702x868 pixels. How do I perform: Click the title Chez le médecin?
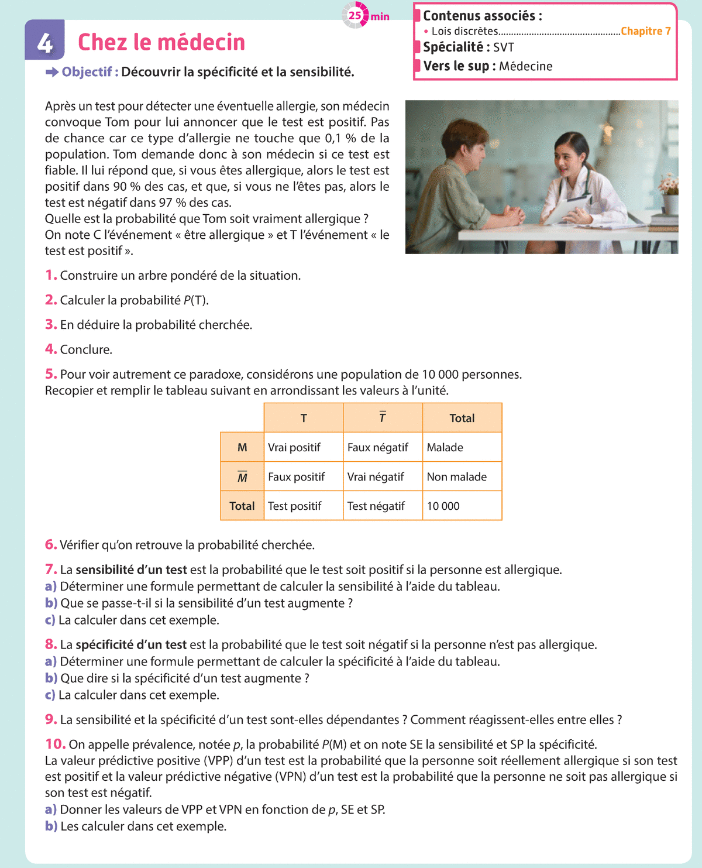(161, 42)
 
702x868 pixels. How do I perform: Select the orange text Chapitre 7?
(645, 31)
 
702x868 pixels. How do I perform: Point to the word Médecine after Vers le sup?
(525, 66)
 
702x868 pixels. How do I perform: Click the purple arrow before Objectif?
(52, 72)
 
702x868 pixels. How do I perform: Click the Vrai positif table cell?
(294, 447)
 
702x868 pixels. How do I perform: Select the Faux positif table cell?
(297, 476)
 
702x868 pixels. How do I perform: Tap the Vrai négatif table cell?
(376, 476)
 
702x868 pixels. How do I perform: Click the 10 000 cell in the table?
(443, 506)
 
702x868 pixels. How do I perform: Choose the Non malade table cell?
(457, 476)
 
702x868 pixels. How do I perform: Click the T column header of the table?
(304, 418)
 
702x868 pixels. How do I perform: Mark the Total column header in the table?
(462, 418)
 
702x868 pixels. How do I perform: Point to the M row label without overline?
(242, 447)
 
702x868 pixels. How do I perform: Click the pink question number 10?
(56, 744)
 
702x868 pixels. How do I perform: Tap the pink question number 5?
(51, 374)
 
